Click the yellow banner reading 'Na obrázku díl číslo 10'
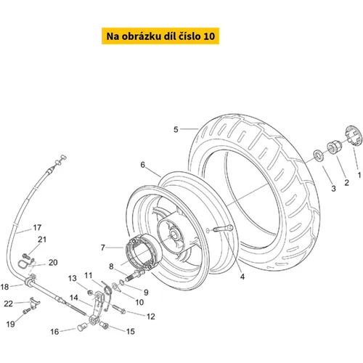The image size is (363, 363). pos(160,36)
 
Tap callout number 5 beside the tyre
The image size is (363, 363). pos(176,129)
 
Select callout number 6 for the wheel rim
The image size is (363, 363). pos(143,165)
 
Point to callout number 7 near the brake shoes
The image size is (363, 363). pos(103,248)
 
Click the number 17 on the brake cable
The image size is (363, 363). pos(37,227)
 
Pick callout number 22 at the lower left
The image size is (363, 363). pos(9,303)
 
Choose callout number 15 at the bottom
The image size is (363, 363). pos(131,332)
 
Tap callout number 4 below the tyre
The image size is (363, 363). pos(242,277)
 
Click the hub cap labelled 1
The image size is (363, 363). pos(354,136)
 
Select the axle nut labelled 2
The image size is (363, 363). pos(334,146)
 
